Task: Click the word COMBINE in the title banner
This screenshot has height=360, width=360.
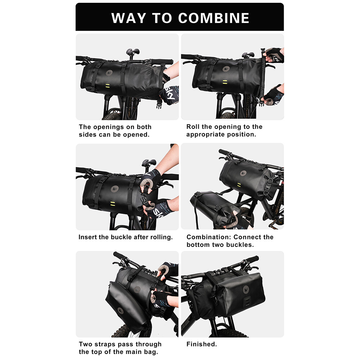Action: coord(213,18)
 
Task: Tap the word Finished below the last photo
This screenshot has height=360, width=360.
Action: coord(201,344)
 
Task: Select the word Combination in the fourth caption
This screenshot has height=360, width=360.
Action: coord(208,237)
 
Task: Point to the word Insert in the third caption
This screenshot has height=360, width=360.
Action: coord(87,237)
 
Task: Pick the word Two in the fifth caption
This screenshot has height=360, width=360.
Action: coord(86,344)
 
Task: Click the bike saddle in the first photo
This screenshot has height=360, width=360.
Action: coord(132,51)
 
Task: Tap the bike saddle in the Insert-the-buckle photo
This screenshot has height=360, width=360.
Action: coord(149,162)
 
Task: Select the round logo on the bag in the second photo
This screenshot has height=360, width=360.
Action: coord(226,69)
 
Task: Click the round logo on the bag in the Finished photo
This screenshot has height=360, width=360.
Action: coord(246,289)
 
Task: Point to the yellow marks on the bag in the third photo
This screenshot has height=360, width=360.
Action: coord(112,203)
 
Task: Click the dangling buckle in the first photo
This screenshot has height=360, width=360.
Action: coord(159,104)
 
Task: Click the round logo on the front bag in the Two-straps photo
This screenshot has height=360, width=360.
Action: coord(120,311)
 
